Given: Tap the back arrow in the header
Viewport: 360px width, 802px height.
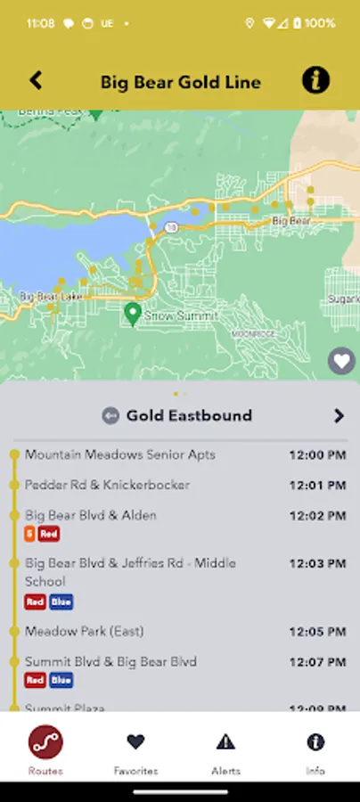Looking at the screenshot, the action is pos(36,80).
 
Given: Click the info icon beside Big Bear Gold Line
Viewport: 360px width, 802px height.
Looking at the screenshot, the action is pos(315,80).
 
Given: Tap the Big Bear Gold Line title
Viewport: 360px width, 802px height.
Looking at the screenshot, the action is pos(180,83).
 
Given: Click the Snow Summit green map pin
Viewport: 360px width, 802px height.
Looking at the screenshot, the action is pos(133,314).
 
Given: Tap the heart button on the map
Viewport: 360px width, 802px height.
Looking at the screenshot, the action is pos(341,361).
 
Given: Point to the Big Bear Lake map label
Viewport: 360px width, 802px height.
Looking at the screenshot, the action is pos(49,296).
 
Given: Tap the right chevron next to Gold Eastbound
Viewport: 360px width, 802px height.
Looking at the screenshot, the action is pos(339,415).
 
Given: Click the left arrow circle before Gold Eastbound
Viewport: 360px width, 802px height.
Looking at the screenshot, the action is pos(110,415).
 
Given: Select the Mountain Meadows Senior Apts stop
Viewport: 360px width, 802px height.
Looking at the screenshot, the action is pos(119,454).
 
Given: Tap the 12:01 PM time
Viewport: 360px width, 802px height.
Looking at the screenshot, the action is pos(316,486).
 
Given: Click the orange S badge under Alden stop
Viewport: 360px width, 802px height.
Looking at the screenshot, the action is pos(29,534).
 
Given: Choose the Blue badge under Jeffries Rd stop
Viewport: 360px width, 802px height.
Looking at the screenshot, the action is pos(61,601).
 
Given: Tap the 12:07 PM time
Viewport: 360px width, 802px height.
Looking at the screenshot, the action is pos(316,662).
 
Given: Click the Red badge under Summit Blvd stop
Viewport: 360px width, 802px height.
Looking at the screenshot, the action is pos(35,680).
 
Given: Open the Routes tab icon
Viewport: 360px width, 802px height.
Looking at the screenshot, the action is pos(45,741).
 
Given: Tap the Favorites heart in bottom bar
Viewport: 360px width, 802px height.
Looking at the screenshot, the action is pos(135,741).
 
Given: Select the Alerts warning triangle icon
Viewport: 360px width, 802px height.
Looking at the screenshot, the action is pos(225,741).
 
